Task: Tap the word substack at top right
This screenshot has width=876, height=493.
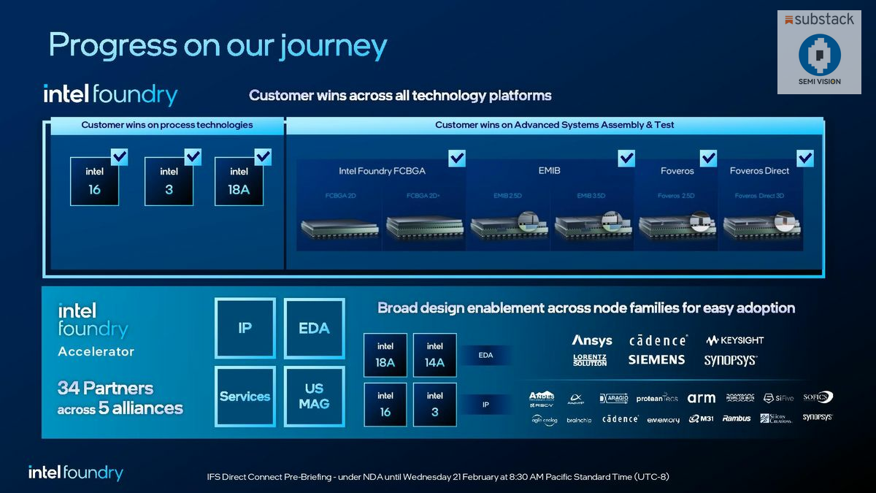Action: tap(823, 20)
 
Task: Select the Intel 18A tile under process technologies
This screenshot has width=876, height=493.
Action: tap(239, 180)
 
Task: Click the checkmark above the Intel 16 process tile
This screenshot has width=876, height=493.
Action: tap(119, 156)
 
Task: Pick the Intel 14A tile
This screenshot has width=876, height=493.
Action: tap(434, 355)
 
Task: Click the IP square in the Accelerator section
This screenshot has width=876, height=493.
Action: tap(245, 328)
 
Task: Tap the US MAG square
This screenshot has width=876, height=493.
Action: tap(314, 396)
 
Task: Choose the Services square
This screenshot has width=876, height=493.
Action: tap(245, 396)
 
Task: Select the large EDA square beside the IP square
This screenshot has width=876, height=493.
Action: tap(314, 328)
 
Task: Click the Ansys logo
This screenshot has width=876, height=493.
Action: tap(592, 340)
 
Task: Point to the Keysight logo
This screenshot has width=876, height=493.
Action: tap(734, 340)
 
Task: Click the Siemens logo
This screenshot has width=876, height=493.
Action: tap(656, 359)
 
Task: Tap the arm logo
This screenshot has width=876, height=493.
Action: tap(701, 398)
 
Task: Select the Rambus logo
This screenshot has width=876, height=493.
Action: tap(736, 419)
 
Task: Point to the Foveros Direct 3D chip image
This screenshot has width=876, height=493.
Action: tap(762, 227)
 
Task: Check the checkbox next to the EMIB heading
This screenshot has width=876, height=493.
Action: tap(626, 158)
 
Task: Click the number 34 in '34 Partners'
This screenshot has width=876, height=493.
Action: tap(69, 388)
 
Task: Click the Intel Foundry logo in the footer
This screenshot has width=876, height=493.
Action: tap(75, 473)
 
